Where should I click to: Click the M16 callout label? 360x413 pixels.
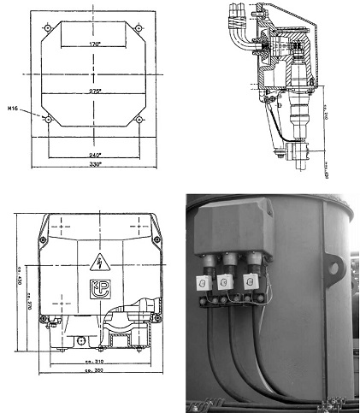point(13,109)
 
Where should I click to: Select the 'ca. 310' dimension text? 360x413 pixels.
point(105,361)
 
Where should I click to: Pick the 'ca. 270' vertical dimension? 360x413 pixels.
point(28,295)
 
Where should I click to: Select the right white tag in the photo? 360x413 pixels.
point(253,280)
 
